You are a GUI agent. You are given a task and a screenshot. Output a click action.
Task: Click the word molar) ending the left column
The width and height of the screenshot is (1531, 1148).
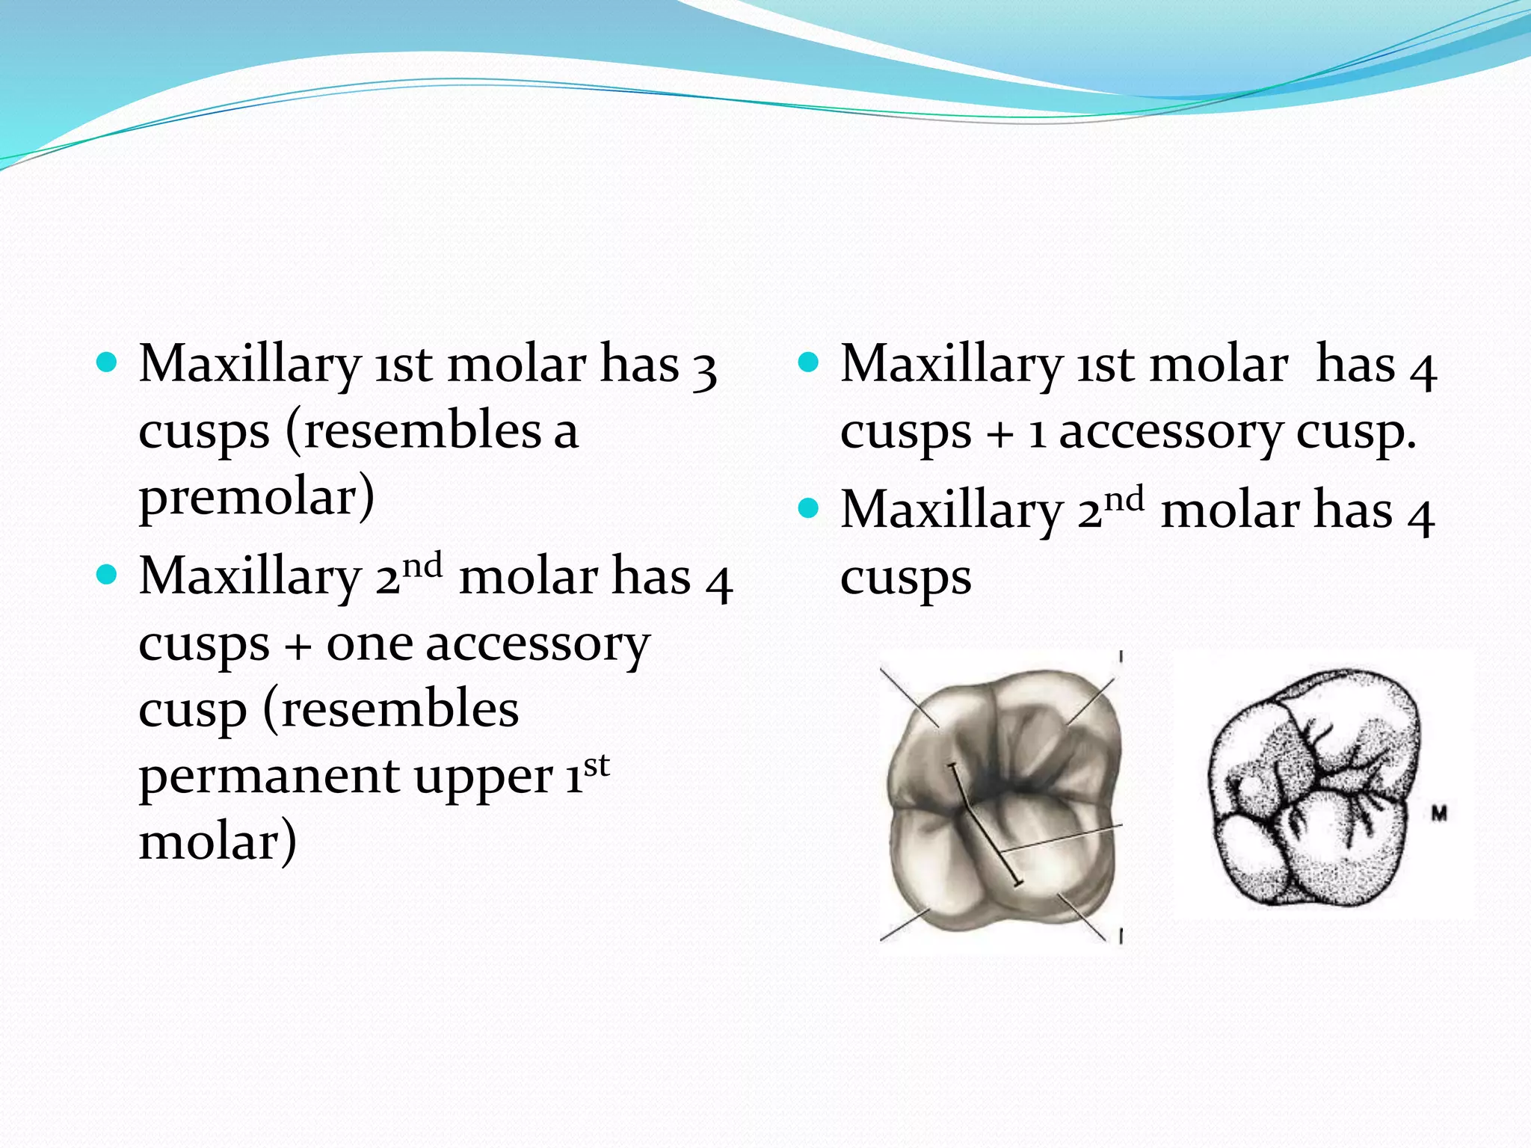click(218, 843)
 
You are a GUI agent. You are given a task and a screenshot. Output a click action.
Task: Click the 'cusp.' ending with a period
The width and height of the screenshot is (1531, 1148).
click(1355, 434)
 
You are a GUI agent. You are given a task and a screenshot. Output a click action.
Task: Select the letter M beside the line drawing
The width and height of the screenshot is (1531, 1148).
click(1439, 813)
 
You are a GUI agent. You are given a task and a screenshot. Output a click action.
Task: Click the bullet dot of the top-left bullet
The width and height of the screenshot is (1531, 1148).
click(108, 364)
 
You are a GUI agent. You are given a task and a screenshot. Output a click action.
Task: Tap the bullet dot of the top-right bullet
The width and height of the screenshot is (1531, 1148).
click(809, 364)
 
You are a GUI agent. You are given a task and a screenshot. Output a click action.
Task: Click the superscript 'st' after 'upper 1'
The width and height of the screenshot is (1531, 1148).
click(597, 765)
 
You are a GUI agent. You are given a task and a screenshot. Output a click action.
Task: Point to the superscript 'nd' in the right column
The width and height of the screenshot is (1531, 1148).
click(1124, 499)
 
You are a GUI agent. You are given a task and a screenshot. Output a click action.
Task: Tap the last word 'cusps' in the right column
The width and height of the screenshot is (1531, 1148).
click(905, 578)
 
